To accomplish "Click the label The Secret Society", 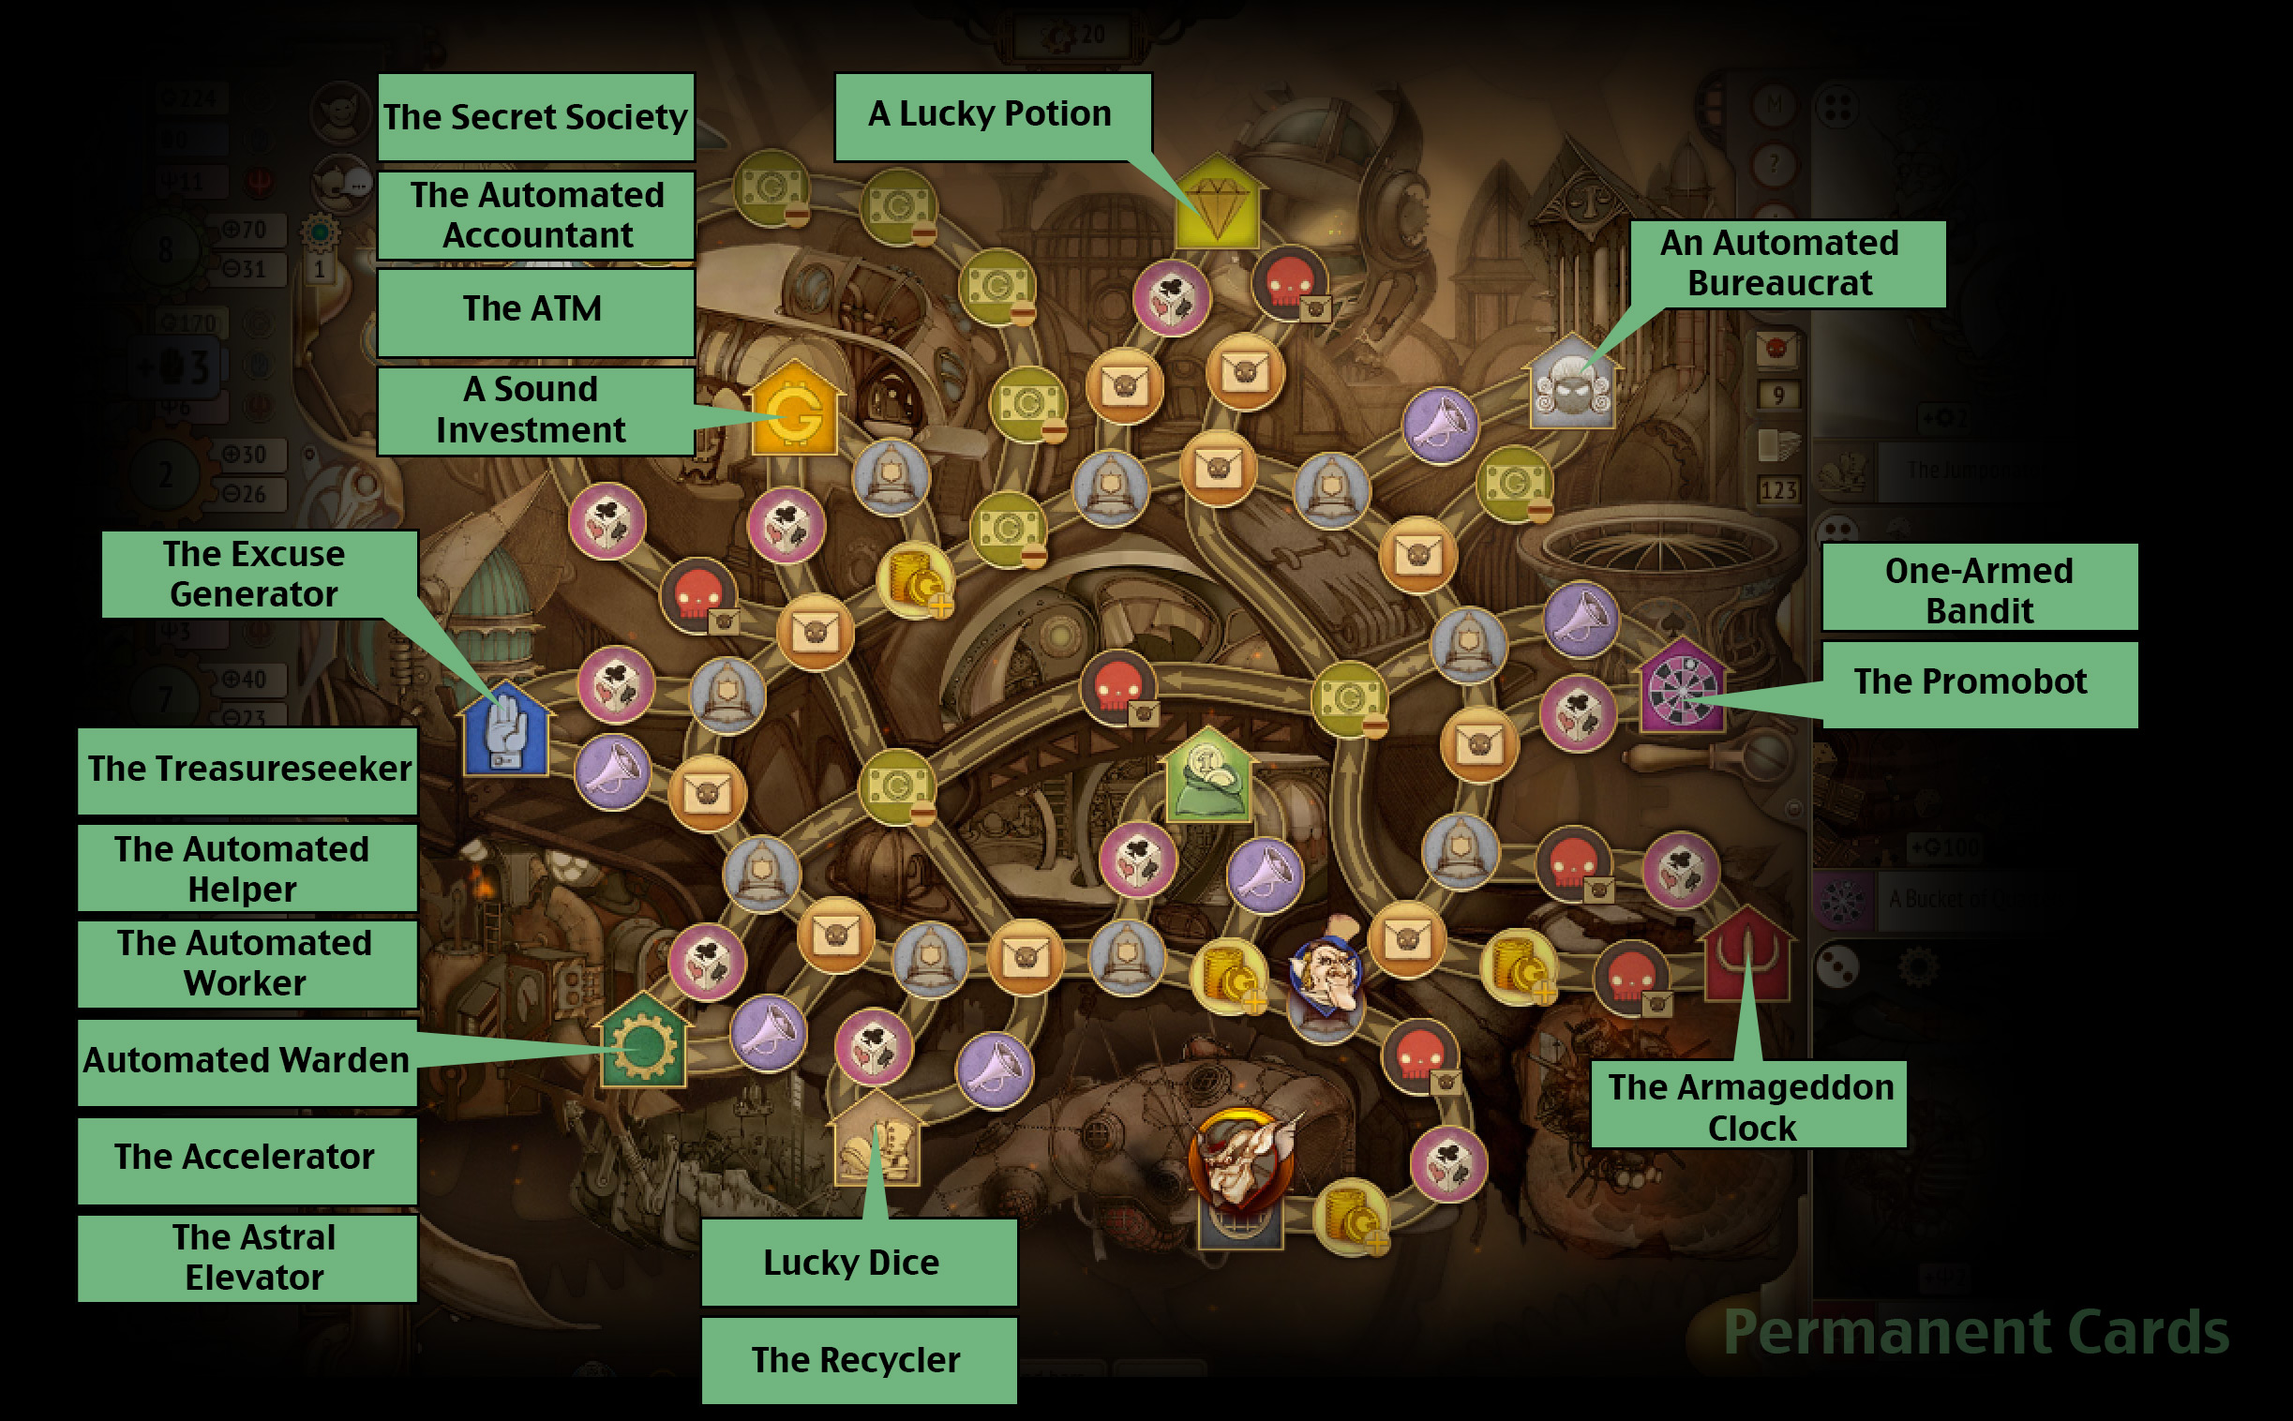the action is coord(535,116).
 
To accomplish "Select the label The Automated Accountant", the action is coord(535,216).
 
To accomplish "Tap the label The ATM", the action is coord(535,309).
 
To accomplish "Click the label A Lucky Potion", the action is coord(991,114).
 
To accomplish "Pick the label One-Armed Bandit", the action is coord(1979,591).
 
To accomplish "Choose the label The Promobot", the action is coord(1979,681).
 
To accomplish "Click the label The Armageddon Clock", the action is coord(1750,1107).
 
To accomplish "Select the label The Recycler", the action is coord(857,1360).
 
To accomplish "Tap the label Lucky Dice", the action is coord(857,1263).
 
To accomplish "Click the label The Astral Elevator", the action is coord(248,1258).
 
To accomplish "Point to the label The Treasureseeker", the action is coord(248,769).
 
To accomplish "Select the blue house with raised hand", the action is coord(505,730).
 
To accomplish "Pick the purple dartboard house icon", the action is coord(1681,688).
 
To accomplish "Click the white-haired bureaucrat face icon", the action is coord(1571,385).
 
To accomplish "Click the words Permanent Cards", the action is coord(1975,1332).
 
